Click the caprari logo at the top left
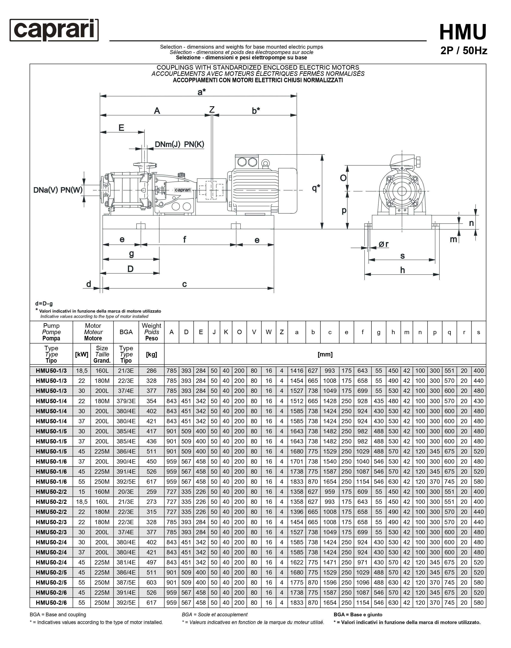tap(54, 30)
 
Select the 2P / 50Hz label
tap(463, 51)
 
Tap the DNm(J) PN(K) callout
tap(179, 144)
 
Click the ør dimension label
tap(383, 244)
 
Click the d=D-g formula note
tap(44, 304)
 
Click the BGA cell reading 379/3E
tap(126, 401)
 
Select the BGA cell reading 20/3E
tap(126, 492)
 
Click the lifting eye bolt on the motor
tap(265, 163)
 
